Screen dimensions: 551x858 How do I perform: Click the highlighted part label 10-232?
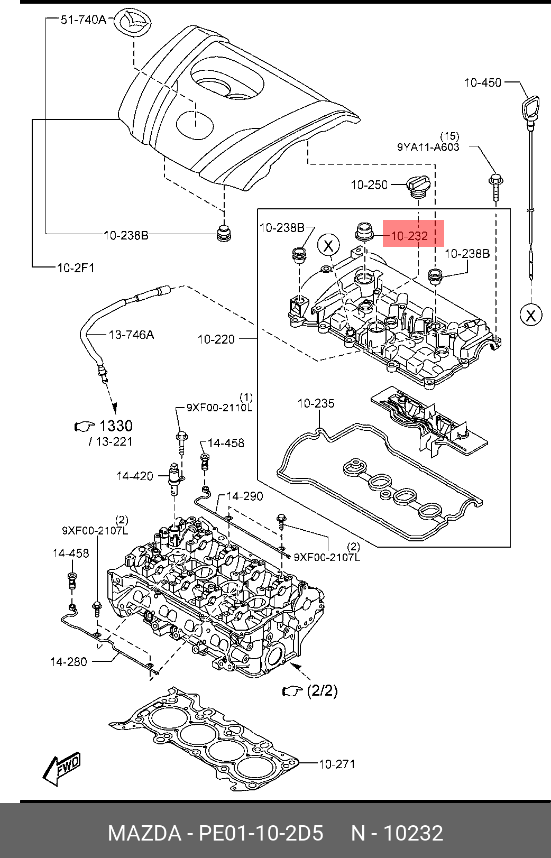[409, 236]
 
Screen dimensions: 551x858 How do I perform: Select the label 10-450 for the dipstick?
[483, 82]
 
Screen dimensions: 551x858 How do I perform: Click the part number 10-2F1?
[76, 267]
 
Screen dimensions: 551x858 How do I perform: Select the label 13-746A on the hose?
[131, 335]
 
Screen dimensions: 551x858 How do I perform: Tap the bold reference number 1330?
[116, 426]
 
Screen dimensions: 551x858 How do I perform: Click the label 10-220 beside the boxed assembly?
[216, 339]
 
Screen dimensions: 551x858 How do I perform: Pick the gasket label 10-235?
[316, 403]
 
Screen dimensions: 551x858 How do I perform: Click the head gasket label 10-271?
[337, 764]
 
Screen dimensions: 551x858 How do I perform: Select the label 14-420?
[135, 476]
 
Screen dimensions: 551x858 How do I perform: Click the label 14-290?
[244, 496]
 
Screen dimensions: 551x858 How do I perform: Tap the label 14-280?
[69, 661]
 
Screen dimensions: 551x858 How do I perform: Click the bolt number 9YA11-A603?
[428, 147]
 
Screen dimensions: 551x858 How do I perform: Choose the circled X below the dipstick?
[531, 315]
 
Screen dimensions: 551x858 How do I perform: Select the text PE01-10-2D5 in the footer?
[261, 833]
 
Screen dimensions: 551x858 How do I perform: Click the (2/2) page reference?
[323, 690]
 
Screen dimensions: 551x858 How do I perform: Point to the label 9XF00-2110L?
[219, 407]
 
